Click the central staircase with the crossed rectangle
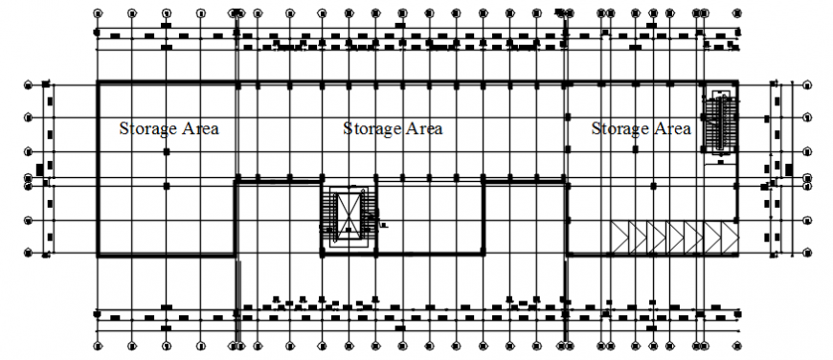(349, 215)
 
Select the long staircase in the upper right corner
(718, 122)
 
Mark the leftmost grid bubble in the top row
(98, 14)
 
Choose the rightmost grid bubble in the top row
(737, 14)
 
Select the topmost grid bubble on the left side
(30, 84)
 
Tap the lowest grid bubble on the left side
(30, 254)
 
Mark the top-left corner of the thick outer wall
(98, 83)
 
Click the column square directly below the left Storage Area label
(167, 151)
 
